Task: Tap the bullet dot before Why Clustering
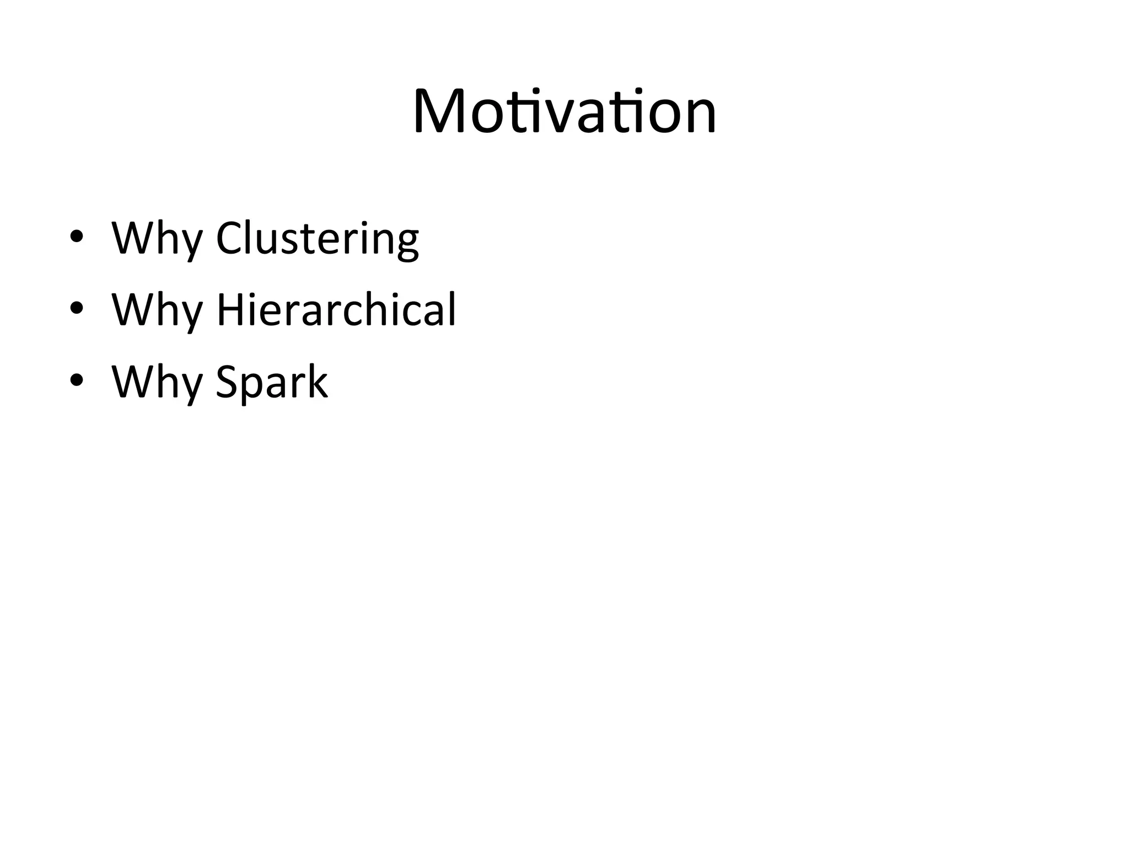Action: point(77,237)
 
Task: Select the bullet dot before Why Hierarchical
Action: point(77,309)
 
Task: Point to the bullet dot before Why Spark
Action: point(77,381)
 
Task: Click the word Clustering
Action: point(317,238)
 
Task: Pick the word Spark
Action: point(272,382)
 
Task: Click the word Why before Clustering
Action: point(157,238)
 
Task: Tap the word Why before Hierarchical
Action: point(157,310)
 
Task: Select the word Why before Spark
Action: point(157,382)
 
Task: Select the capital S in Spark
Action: point(227,381)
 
